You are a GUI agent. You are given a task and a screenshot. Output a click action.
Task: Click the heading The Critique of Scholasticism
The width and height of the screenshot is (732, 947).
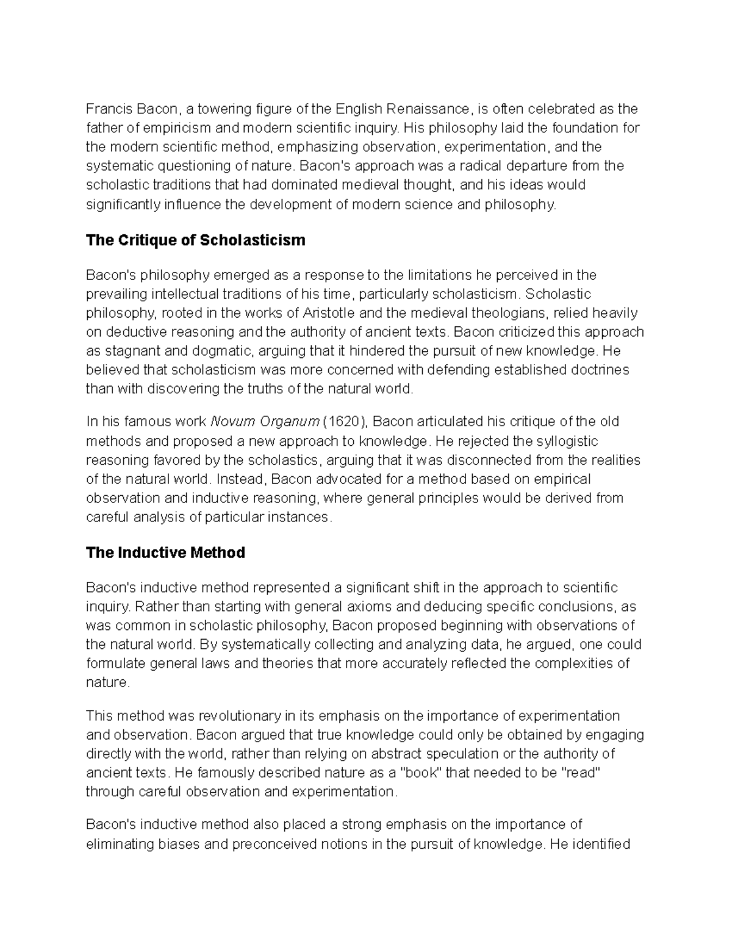pos(195,240)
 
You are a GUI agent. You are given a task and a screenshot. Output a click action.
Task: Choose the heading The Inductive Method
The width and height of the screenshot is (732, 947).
pos(165,553)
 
